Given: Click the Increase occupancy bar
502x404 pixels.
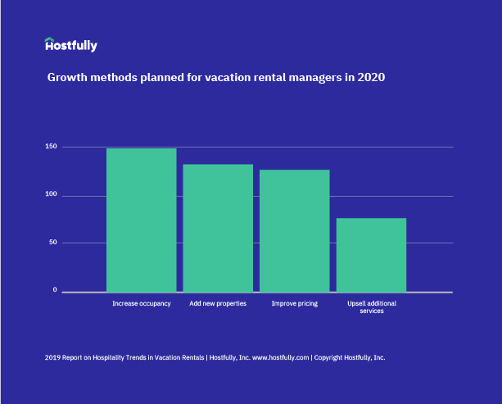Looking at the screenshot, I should [x=141, y=220].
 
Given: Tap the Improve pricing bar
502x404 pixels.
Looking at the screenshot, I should [x=294, y=230].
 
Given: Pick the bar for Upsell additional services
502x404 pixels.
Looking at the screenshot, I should [x=371, y=254].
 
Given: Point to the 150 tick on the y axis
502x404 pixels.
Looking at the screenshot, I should [x=51, y=147].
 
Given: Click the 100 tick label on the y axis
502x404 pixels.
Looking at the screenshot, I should [x=51, y=194].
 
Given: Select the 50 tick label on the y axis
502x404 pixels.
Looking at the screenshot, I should [x=52, y=243].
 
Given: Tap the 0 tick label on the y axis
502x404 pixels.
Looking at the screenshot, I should [x=55, y=290].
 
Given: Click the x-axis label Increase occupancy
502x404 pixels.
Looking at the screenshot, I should [x=141, y=304].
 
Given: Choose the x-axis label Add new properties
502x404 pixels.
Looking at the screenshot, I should [x=218, y=304].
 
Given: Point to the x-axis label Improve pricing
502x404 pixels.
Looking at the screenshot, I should [x=294, y=304].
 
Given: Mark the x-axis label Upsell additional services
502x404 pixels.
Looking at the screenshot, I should [x=371, y=307].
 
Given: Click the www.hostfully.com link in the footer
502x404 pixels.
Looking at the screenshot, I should [x=280, y=358].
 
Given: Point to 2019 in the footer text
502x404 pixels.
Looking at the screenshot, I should [x=53, y=358].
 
